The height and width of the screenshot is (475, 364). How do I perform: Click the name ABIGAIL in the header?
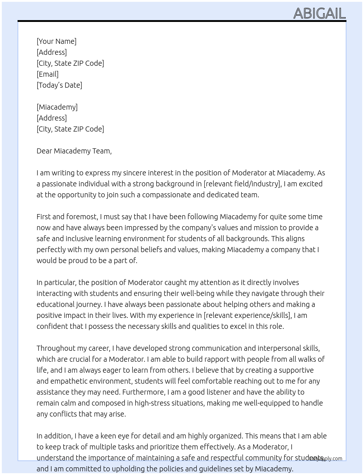pos(319,14)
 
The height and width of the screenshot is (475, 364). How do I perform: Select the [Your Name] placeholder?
pos(57,41)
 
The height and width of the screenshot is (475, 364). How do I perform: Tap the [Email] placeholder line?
pos(48,74)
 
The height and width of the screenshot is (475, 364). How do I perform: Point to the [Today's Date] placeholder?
pos(59,85)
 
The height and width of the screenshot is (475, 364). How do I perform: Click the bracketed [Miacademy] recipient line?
pos(57,107)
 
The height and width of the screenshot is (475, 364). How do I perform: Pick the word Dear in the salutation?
pos(44,151)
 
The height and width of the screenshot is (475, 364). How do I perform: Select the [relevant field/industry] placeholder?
pos(242,184)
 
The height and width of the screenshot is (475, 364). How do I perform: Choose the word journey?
pos(89,304)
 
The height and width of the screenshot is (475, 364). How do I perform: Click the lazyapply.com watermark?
pos(326,459)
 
